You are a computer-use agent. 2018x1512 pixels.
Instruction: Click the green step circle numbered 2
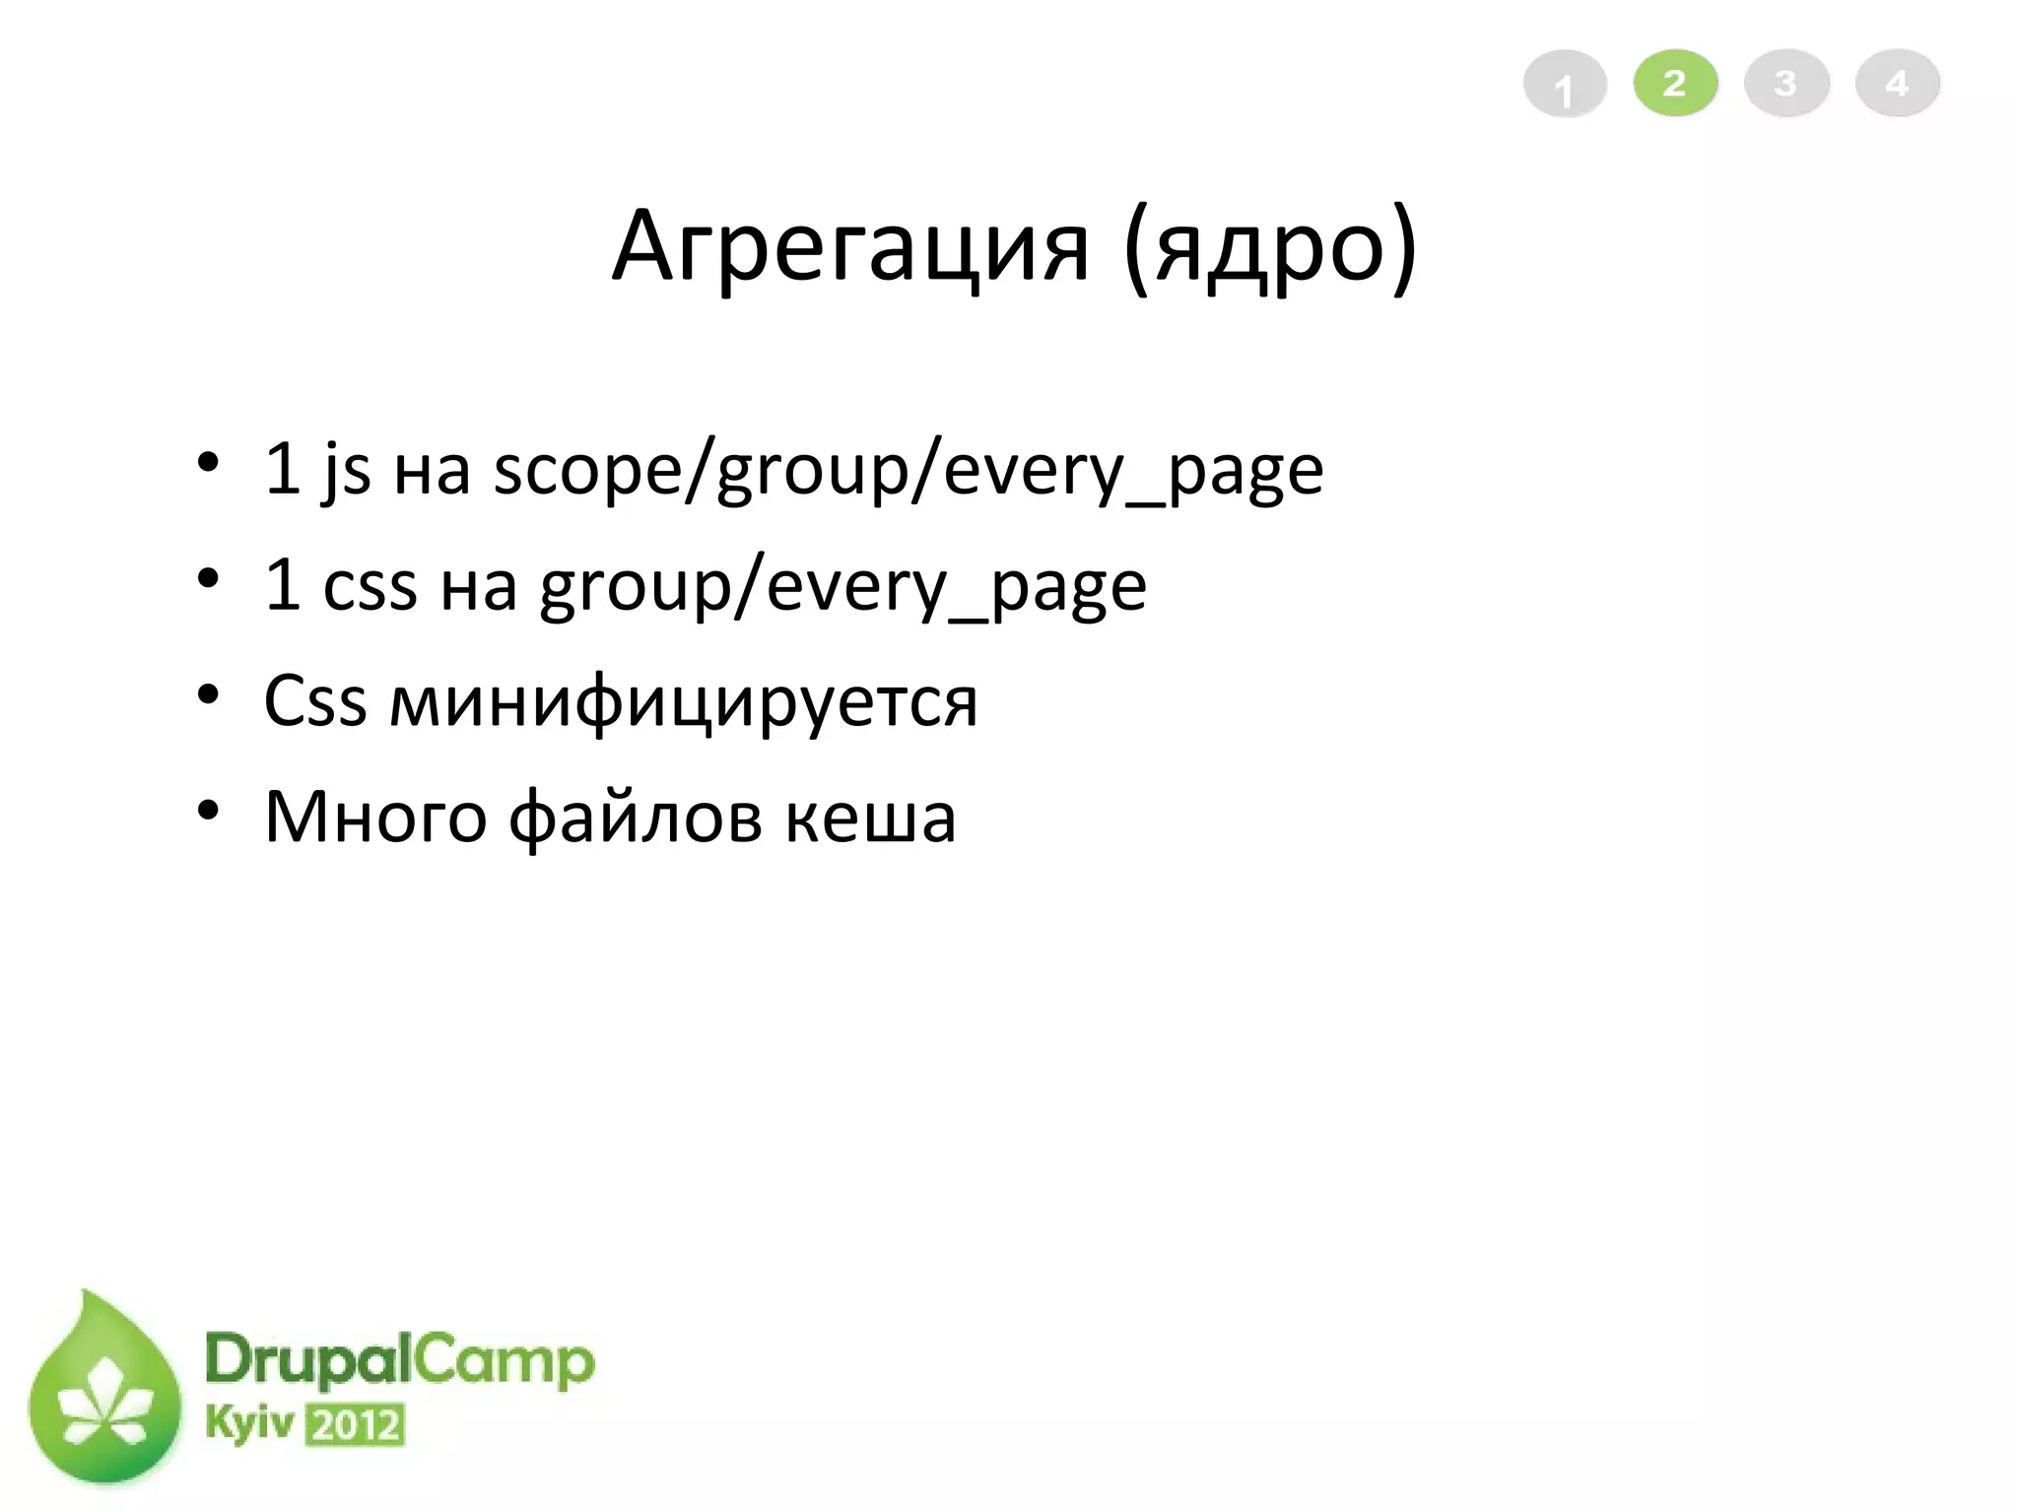coord(1675,83)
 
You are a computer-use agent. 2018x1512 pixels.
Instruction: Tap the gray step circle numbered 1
coord(1565,85)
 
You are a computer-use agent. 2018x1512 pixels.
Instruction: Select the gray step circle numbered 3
coord(1786,83)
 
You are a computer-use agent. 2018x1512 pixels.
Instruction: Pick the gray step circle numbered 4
coord(1897,83)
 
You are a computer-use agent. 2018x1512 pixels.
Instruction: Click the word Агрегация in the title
coord(850,246)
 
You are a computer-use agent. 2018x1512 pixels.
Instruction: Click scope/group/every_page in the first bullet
coord(908,470)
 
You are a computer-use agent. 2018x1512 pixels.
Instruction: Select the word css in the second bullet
coord(370,585)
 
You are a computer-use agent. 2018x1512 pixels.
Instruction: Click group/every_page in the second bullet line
coord(842,587)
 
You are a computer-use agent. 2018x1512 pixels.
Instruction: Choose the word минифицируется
coord(684,702)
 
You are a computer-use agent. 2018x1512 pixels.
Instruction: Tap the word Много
coord(375,817)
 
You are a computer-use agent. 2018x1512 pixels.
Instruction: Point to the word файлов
coord(636,817)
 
